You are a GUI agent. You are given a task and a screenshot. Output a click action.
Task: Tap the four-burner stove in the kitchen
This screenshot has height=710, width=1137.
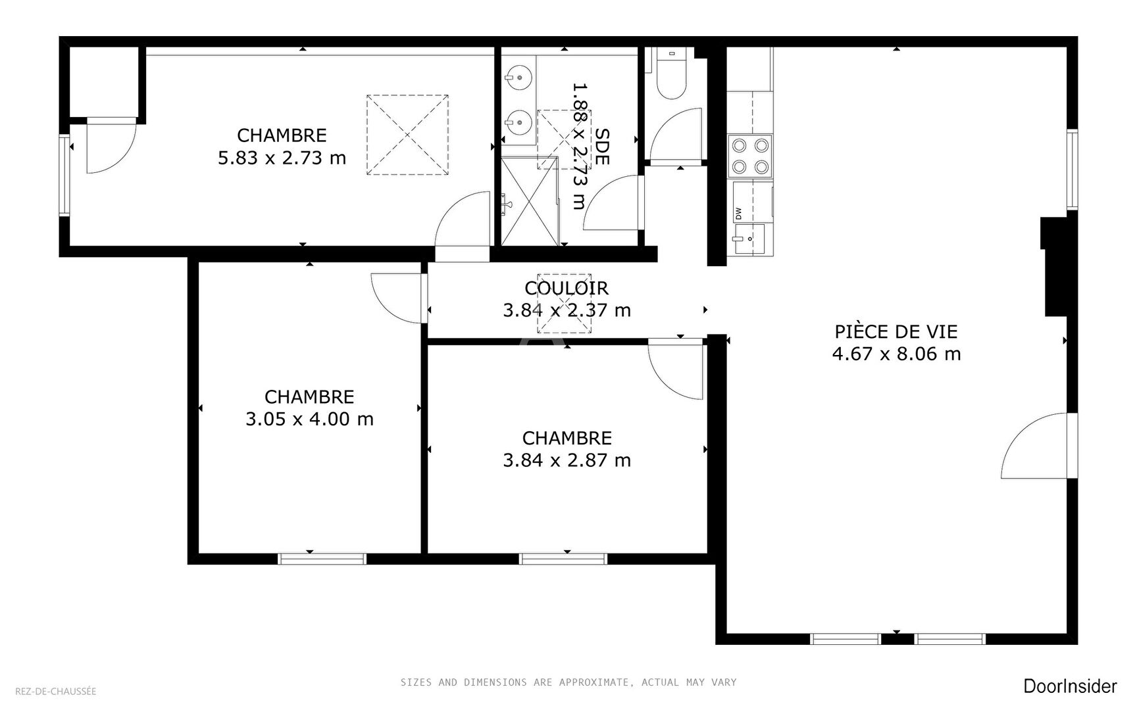pyautogui.click(x=751, y=156)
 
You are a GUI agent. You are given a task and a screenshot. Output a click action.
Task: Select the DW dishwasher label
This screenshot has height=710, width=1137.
pyautogui.click(x=738, y=213)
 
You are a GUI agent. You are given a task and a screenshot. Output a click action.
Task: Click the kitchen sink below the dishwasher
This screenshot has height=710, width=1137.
pyautogui.click(x=749, y=238)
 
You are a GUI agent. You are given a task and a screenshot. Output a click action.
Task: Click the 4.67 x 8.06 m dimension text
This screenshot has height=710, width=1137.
pyautogui.click(x=896, y=354)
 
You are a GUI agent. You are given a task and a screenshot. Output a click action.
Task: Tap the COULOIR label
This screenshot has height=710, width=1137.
pyautogui.click(x=567, y=288)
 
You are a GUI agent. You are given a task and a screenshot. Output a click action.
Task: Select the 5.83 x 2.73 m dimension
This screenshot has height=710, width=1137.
pyautogui.click(x=282, y=158)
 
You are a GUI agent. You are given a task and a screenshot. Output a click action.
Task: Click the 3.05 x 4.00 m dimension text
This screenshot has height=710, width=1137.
pyautogui.click(x=309, y=419)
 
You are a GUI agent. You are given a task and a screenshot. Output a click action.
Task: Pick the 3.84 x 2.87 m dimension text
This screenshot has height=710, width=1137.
pyautogui.click(x=567, y=460)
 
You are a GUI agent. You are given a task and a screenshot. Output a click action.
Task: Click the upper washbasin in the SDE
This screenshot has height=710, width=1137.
pyautogui.click(x=520, y=78)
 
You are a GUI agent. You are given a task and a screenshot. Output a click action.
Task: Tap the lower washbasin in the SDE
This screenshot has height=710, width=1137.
pyautogui.click(x=520, y=122)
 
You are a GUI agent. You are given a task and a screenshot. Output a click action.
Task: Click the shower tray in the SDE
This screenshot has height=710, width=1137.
pyautogui.click(x=530, y=201)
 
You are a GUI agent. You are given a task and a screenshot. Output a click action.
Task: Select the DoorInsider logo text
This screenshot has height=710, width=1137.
pyautogui.click(x=1070, y=686)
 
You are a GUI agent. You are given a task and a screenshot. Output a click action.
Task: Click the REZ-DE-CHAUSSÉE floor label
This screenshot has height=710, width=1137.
pyautogui.click(x=55, y=691)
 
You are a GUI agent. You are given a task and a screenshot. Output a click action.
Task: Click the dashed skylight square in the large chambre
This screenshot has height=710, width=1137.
pyautogui.click(x=408, y=135)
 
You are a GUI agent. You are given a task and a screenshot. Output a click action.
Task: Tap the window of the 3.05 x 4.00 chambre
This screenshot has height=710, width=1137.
pyautogui.click(x=322, y=559)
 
